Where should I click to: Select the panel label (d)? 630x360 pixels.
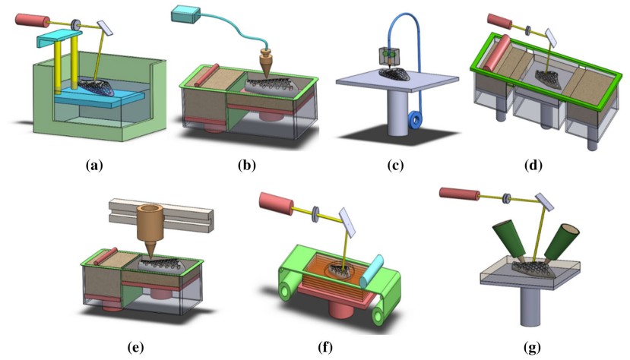tap(541, 164)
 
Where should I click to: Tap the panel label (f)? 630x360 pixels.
tap(326, 348)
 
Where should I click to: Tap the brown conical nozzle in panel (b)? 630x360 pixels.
tap(268, 63)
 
